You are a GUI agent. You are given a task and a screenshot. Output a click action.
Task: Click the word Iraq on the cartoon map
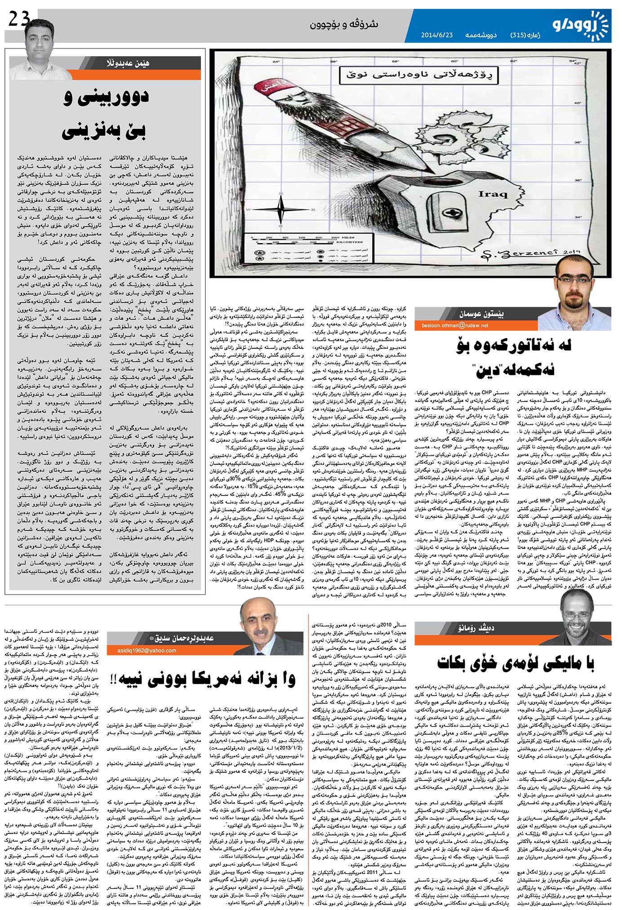click(x=493, y=195)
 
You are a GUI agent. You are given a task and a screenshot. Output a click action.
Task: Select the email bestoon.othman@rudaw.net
click(x=455, y=325)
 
